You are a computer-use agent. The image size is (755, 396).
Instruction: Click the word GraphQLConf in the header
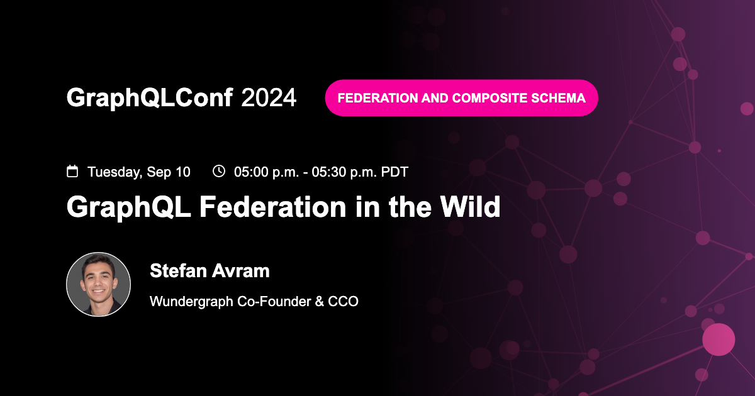pyautogui.click(x=150, y=97)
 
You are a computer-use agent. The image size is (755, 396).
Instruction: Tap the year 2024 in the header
pyautogui.click(x=269, y=97)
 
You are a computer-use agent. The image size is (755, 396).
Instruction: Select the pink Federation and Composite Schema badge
pyautogui.click(x=461, y=98)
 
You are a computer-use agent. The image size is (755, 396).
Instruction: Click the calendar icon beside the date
pyautogui.click(x=72, y=171)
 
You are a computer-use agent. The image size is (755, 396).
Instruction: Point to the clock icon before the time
pyautogui.click(x=219, y=171)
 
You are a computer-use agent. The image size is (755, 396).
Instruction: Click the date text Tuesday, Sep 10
pyautogui.click(x=138, y=172)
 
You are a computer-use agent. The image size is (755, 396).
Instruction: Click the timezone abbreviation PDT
pyautogui.click(x=394, y=172)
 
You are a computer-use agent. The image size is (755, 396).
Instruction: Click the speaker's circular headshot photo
pyautogui.click(x=98, y=284)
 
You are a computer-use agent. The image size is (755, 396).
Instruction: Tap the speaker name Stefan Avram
pyautogui.click(x=210, y=271)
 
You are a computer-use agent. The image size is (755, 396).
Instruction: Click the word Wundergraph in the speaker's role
pyautogui.click(x=191, y=302)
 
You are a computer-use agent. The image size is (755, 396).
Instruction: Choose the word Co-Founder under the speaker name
pyautogui.click(x=276, y=302)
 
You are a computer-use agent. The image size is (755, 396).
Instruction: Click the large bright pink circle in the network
pyautogui.click(x=719, y=339)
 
